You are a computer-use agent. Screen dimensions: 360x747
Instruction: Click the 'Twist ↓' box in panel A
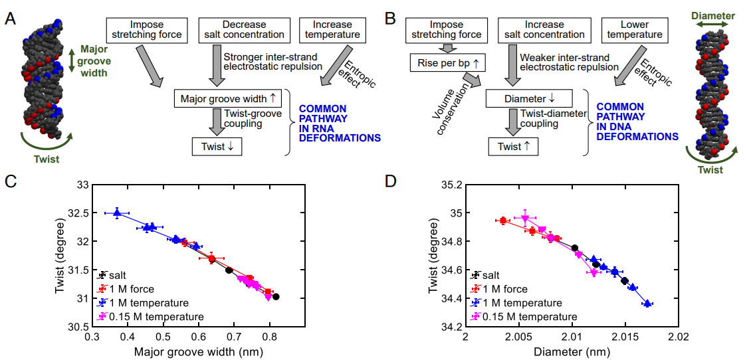click(x=217, y=145)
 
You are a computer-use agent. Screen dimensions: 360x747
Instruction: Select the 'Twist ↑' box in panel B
click(x=513, y=145)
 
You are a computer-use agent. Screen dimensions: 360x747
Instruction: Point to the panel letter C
click(x=10, y=180)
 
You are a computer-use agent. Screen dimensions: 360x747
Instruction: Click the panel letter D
click(x=391, y=180)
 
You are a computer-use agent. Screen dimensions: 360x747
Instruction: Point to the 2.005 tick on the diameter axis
click(x=518, y=337)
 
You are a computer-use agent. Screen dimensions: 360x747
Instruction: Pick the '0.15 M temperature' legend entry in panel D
click(x=525, y=317)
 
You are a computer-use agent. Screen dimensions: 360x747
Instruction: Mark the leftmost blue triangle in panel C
click(x=117, y=213)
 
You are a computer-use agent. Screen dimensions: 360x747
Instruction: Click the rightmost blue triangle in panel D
click(x=647, y=304)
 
